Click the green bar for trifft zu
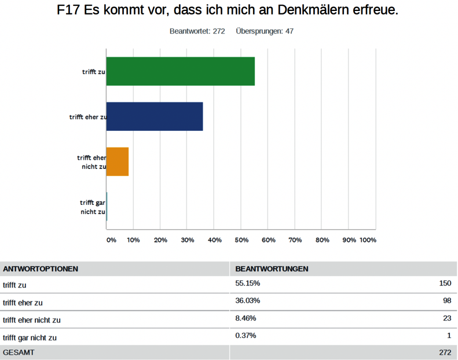tap(180, 71)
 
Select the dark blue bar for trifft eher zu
tap(155, 116)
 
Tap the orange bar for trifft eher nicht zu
tap(118, 161)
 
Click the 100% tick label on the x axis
tap(368, 240)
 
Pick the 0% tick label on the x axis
tap(111, 240)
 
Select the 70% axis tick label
tap(295, 240)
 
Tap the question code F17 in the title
tap(70, 11)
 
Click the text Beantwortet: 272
tap(197, 31)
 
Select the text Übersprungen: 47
tap(265, 31)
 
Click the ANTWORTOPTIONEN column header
tap(41, 269)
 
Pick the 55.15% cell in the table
tap(248, 284)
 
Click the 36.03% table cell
tap(248, 301)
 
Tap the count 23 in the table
tap(446, 318)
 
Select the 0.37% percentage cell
tap(246, 336)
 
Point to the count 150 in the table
tap(445, 284)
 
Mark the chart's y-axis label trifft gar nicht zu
tap(93, 207)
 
